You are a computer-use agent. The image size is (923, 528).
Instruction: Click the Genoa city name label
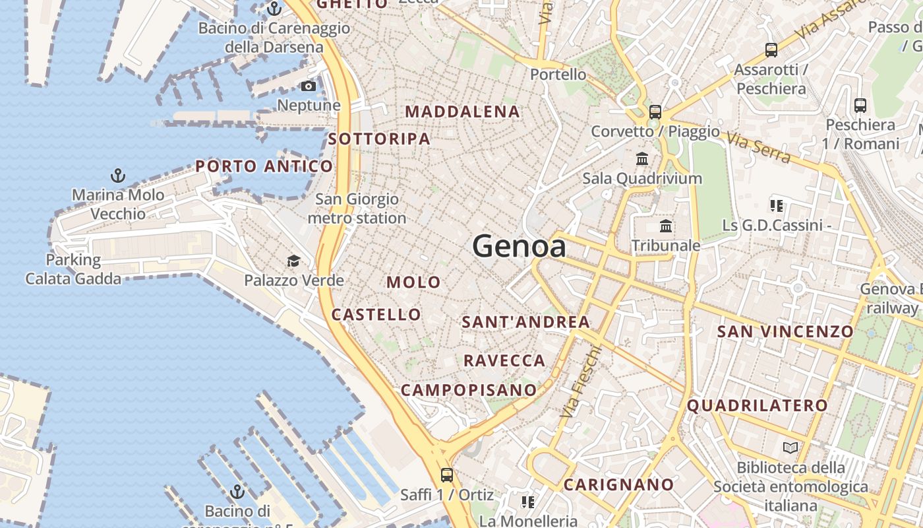(x=519, y=247)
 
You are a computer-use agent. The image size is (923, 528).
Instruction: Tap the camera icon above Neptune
(x=308, y=86)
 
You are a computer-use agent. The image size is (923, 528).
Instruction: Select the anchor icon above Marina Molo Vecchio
(x=118, y=176)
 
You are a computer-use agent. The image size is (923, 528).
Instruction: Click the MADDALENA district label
(x=462, y=112)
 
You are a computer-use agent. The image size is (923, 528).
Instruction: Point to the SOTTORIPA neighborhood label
(x=379, y=139)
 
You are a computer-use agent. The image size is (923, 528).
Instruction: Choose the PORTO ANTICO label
(x=264, y=166)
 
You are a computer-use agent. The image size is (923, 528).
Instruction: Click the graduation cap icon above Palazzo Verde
(x=293, y=261)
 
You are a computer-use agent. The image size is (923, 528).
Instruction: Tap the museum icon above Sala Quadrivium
(x=642, y=159)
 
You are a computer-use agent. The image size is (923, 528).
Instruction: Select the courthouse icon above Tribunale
(x=666, y=226)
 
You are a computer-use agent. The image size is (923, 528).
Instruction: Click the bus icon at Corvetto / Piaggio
(x=655, y=112)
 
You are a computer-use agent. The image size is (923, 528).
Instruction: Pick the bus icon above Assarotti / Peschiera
(x=771, y=50)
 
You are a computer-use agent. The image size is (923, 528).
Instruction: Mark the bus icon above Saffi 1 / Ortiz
(x=446, y=475)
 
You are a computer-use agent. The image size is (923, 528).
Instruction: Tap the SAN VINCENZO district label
(x=785, y=331)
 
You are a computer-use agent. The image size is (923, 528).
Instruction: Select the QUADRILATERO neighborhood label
(x=757, y=405)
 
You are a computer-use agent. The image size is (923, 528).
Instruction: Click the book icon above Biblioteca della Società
(x=790, y=448)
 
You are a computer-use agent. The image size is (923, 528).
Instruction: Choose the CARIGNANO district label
(x=618, y=485)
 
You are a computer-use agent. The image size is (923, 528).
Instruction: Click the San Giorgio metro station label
(x=357, y=209)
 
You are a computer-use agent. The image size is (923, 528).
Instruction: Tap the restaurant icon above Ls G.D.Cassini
(x=776, y=206)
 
